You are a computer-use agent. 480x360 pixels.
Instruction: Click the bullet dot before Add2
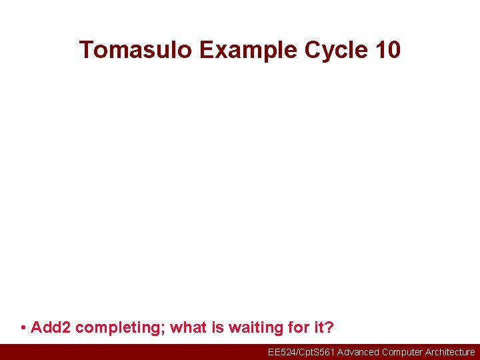coord(23,328)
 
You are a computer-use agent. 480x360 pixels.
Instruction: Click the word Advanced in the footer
coord(358,352)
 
